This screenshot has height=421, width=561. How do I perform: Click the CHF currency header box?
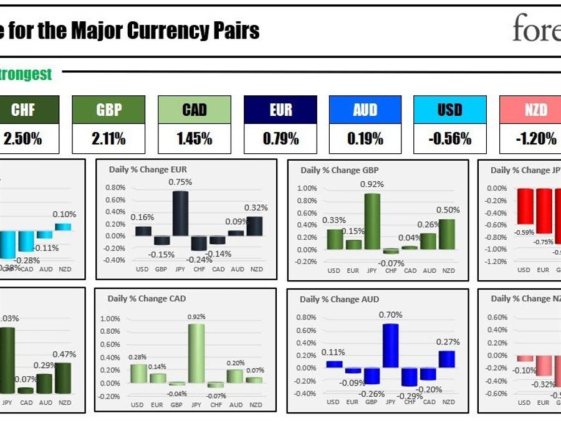(23, 110)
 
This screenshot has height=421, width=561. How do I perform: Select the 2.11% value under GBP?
(108, 139)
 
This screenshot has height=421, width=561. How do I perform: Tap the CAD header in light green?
(194, 110)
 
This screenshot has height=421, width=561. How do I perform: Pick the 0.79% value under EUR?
(280, 139)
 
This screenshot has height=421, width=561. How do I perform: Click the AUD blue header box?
(365, 110)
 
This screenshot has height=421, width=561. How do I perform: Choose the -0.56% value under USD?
(449, 139)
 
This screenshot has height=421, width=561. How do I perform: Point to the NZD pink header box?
(535, 110)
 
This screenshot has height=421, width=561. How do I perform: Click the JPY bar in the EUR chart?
(180, 213)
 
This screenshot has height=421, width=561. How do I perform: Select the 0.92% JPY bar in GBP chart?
(373, 221)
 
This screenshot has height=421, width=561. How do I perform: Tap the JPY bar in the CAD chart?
(196, 352)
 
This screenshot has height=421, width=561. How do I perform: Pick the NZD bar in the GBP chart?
(448, 234)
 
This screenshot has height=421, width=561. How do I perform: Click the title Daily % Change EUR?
(148, 169)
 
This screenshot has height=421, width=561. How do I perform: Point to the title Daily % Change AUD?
(339, 299)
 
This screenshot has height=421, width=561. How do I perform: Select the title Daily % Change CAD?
(146, 299)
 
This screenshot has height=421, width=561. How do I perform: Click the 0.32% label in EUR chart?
(256, 207)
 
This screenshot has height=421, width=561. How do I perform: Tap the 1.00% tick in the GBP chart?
(307, 188)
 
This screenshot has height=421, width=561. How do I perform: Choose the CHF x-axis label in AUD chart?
(410, 402)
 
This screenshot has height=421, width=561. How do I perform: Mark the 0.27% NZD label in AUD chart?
(448, 342)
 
